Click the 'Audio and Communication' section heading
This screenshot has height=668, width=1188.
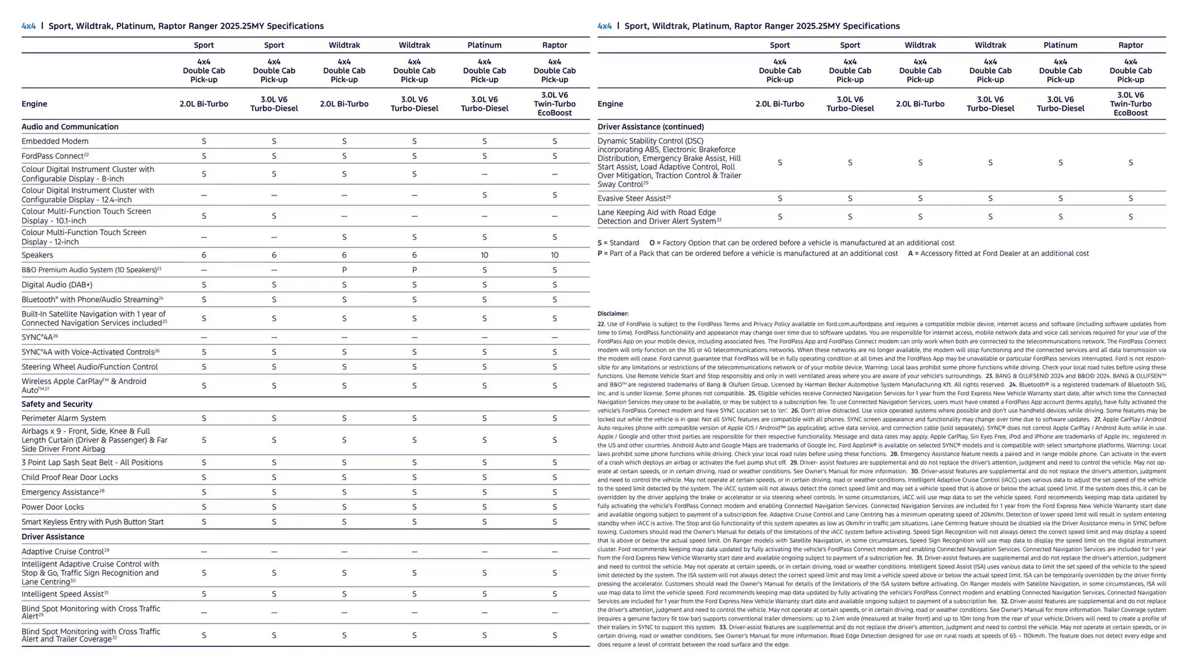coord(70,127)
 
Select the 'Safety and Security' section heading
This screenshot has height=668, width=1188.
coord(57,404)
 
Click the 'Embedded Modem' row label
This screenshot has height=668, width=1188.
coord(55,142)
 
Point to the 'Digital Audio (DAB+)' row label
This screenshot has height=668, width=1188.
coord(57,285)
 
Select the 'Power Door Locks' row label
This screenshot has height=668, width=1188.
coord(53,507)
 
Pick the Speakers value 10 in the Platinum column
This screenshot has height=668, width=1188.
coord(484,255)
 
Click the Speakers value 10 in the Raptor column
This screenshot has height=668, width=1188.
coord(554,255)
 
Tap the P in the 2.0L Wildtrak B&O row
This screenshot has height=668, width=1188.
coord(344,270)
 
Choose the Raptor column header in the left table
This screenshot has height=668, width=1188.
coord(554,45)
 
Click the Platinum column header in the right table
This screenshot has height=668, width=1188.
coord(1061,45)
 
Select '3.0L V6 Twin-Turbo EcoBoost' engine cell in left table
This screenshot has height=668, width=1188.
coord(554,104)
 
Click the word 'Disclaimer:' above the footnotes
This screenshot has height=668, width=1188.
coord(613,314)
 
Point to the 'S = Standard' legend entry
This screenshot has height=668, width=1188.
coord(618,243)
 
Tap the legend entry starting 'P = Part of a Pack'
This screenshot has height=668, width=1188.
coord(747,254)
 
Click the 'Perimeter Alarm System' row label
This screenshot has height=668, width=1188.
coord(64,419)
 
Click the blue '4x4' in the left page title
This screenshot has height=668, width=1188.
coord(28,26)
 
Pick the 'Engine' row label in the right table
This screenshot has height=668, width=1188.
coord(610,104)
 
